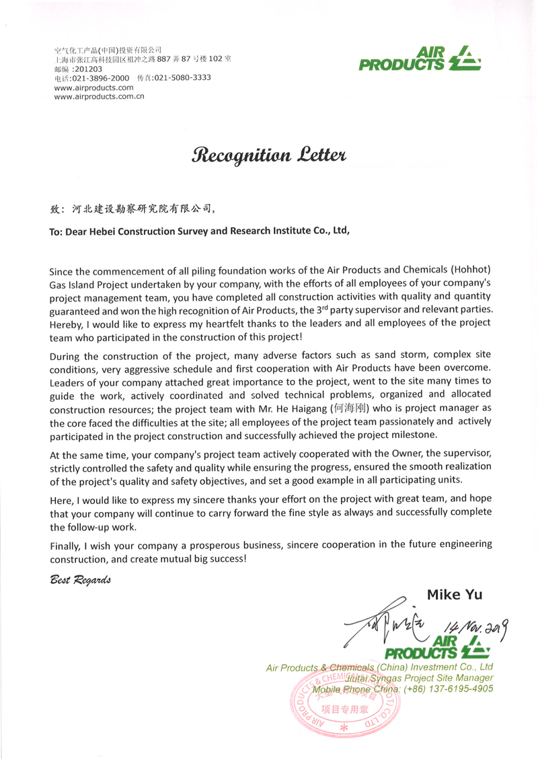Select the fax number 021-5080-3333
[182, 78]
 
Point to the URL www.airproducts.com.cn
[100, 97]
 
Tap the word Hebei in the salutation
[108, 229]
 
